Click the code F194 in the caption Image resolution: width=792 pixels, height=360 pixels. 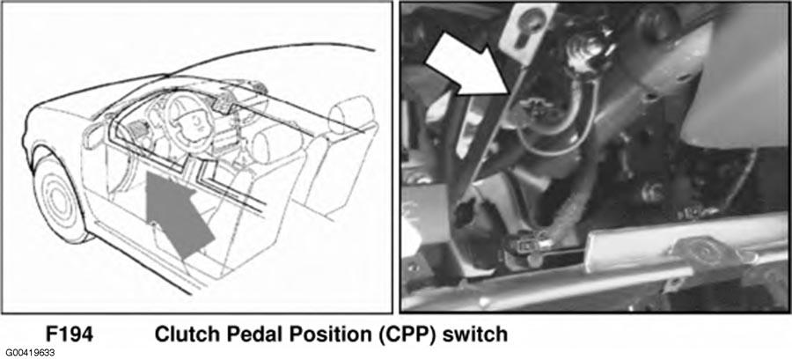[x=70, y=334]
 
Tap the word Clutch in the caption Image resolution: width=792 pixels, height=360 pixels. [x=181, y=334]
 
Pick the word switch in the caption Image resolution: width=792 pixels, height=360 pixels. [x=474, y=334]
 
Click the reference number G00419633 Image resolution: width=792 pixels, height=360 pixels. [x=30, y=352]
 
